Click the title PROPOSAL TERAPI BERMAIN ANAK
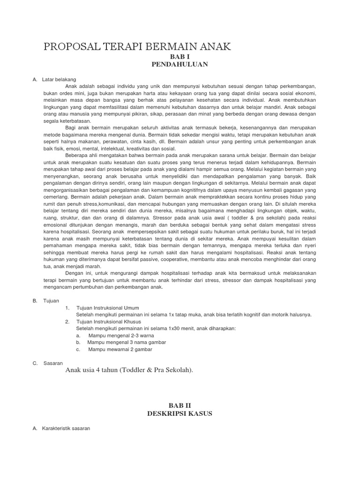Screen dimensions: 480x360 click(x=137, y=47)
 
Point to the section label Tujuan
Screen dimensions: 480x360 click(x=51, y=300)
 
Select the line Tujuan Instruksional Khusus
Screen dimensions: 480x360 click(x=109, y=322)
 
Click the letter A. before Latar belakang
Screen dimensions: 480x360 click(x=35, y=79)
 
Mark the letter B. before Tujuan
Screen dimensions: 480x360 click(x=35, y=300)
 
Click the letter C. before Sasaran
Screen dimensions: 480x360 click(x=35, y=363)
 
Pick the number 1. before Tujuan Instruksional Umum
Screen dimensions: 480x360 click(x=67, y=307)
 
